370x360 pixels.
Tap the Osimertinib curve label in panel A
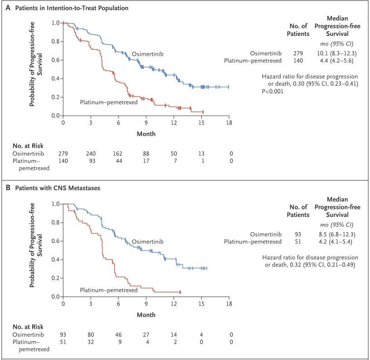coord(147,54)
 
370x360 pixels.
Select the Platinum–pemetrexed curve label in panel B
coord(108,290)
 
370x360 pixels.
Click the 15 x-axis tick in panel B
coord(201,304)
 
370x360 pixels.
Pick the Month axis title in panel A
coord(146,134)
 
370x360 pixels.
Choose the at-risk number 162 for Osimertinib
coord(118,155)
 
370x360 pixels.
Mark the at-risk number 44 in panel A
coord(118,161)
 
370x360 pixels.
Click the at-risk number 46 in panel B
coord(118,335)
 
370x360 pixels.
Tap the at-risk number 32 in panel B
coord(91,342)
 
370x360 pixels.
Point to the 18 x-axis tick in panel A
coord(229,123)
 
